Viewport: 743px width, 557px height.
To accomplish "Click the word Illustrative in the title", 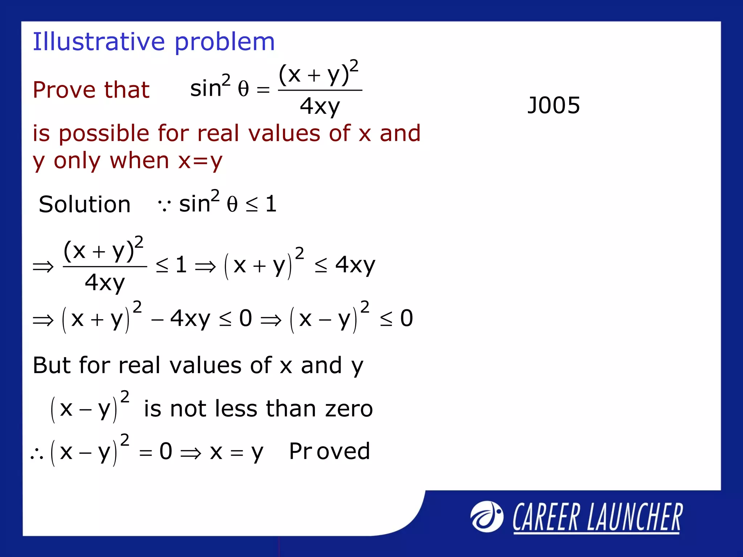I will click(98, 42).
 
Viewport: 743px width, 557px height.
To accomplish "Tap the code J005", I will click(553, 106).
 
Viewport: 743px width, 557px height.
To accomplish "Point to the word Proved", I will click(329, 451).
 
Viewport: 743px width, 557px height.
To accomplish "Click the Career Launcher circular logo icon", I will click(487, 517).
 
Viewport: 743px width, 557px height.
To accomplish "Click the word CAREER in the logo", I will click(546, 517).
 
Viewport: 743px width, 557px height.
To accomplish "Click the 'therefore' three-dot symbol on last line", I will click(37, 454).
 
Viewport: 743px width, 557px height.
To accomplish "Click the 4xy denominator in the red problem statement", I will click(320, 106).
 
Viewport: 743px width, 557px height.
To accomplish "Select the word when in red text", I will click(139, 161).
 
